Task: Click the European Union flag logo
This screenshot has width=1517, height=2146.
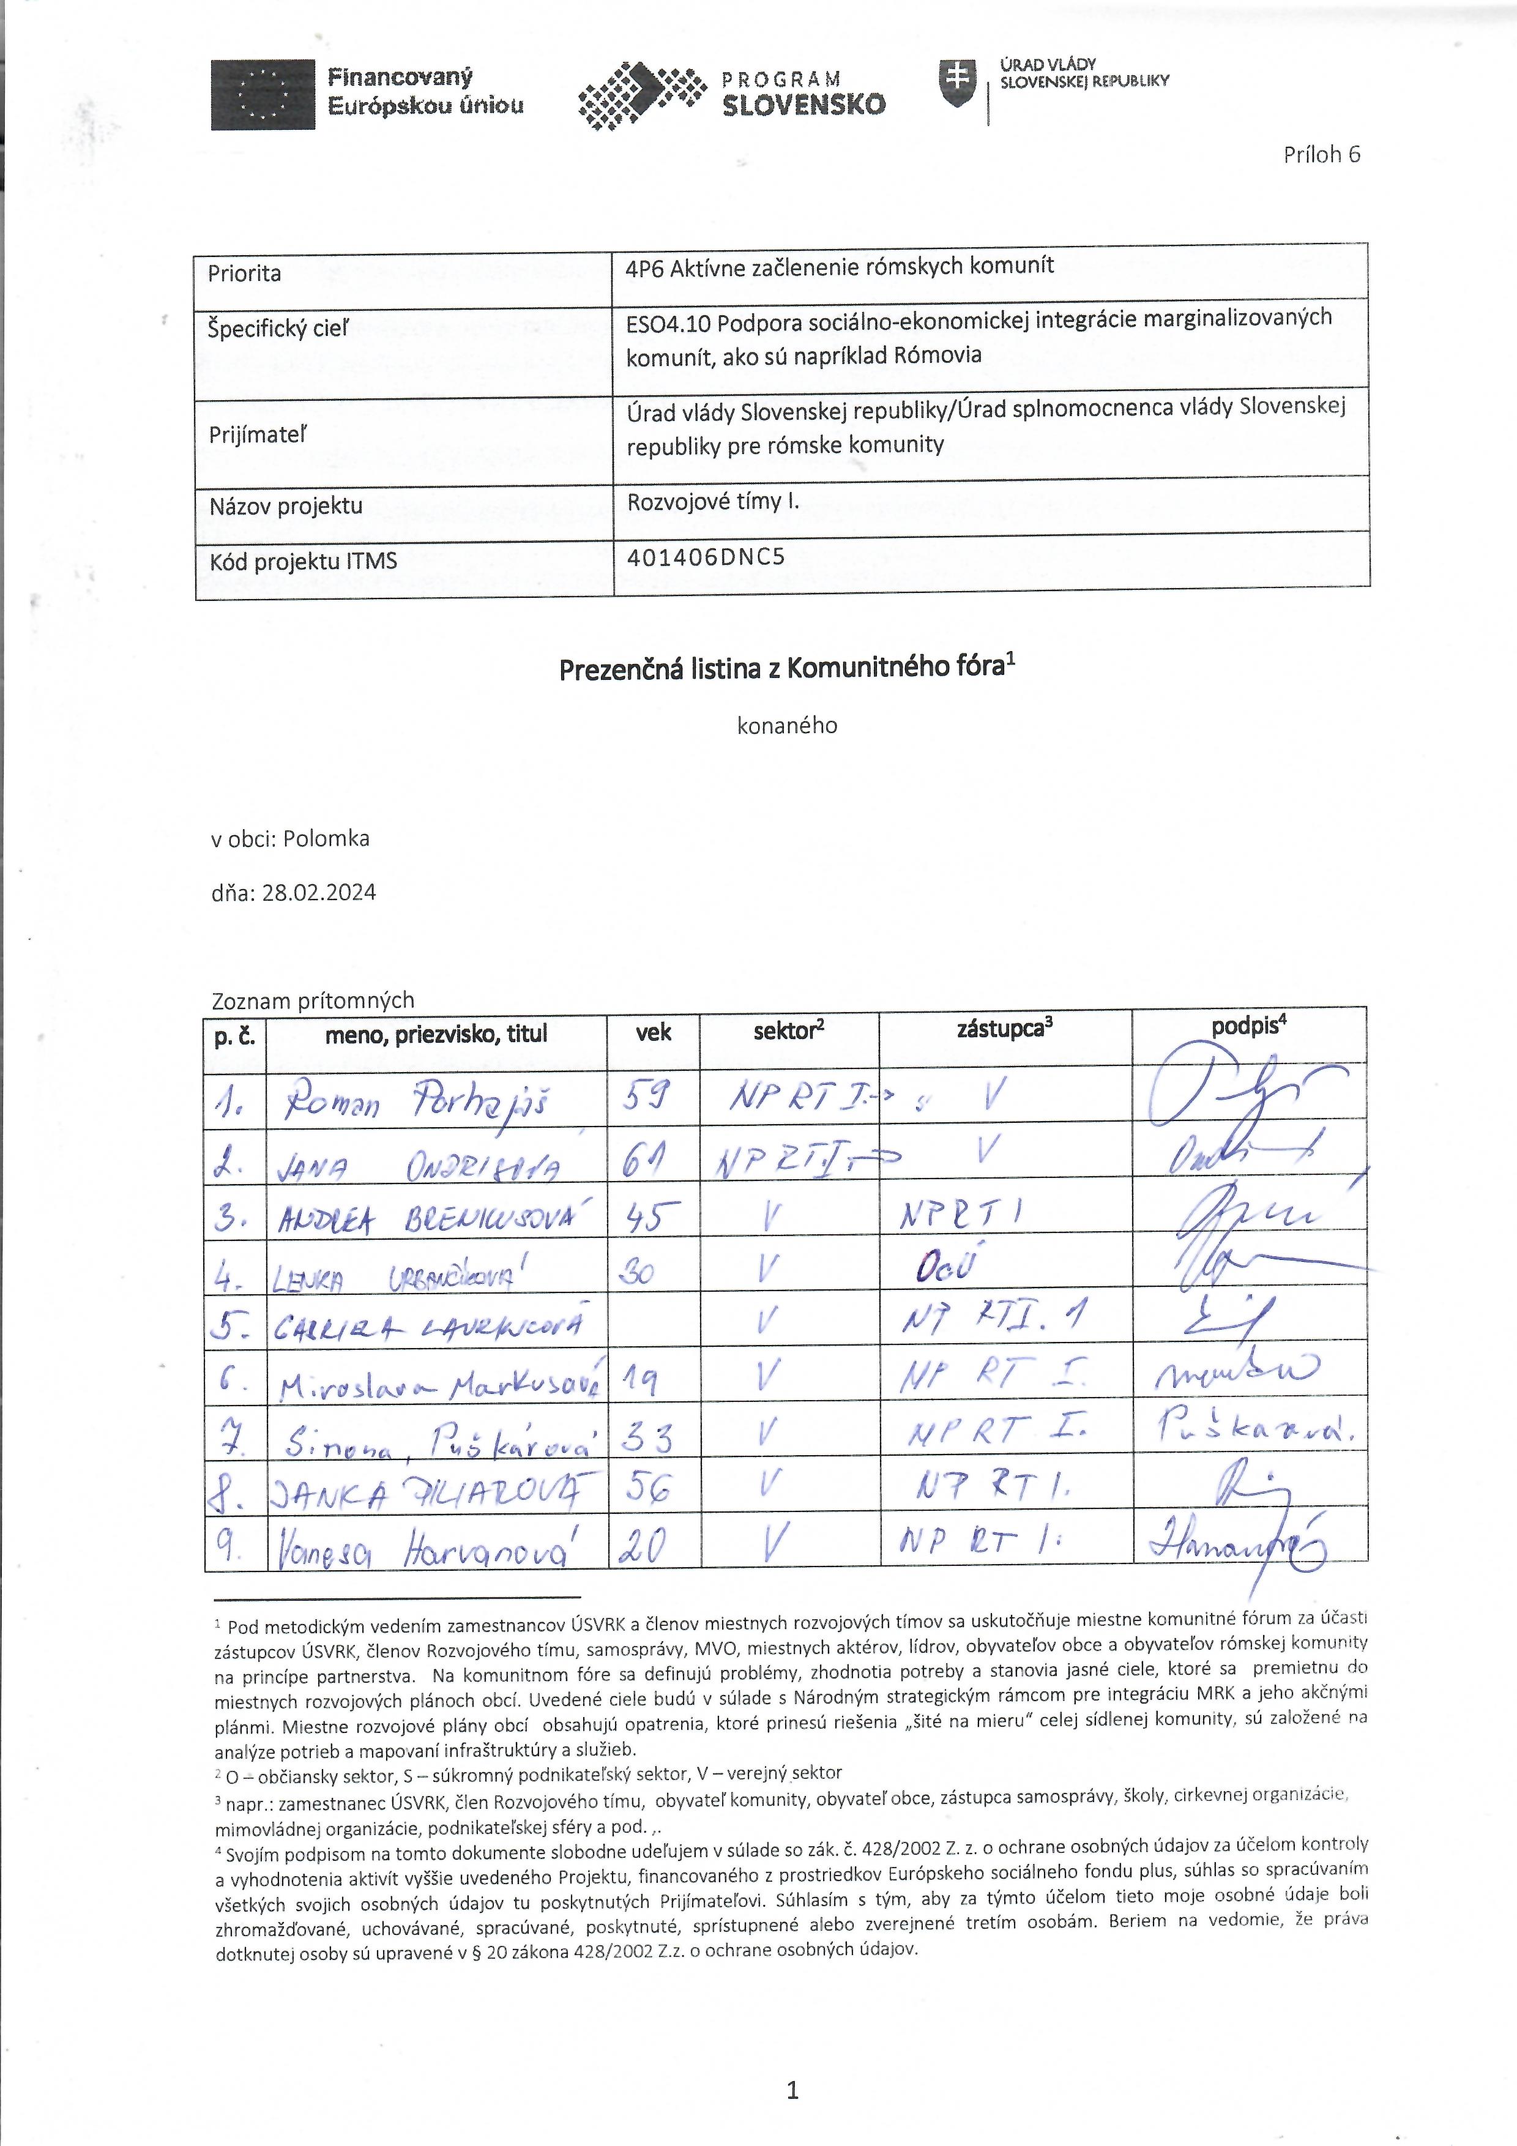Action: point(263,94)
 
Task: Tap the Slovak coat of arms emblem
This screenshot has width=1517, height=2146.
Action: point(956,82)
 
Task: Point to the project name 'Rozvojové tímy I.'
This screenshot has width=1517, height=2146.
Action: point(713,502)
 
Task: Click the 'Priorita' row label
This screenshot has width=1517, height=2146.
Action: point(244,274)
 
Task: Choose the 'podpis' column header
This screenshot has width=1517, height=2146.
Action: point(1249,1026)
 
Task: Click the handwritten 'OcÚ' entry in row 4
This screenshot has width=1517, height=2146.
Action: point(946,1269)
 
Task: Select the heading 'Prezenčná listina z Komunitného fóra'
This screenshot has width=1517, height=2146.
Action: point(786,669)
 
